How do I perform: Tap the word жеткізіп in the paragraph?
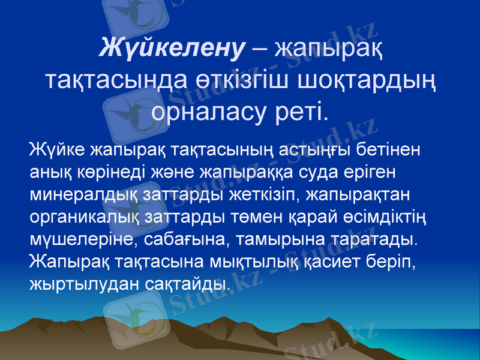[x=278, y=195]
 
